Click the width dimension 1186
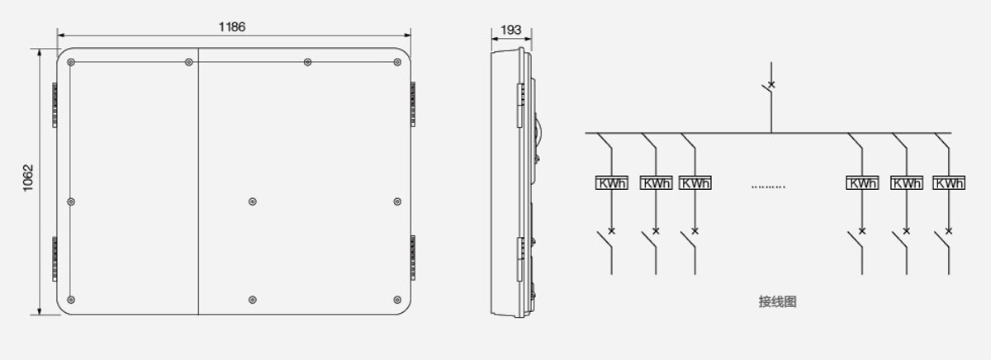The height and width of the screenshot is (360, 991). pos(232,27)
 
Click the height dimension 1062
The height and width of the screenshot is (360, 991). pos(28,178)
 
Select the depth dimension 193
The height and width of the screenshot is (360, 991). pos(511,30)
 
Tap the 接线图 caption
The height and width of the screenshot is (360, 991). pos(777,301)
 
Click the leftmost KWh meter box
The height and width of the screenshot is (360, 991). pos(611,182)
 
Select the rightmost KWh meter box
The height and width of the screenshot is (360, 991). pos(949,182)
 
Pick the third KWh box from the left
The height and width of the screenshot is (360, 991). pos(695,182)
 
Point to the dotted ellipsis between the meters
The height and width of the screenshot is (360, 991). pos(768,187)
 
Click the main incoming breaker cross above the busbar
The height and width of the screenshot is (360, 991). pos(771,84)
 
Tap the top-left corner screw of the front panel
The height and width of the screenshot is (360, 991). pos(71,63)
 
